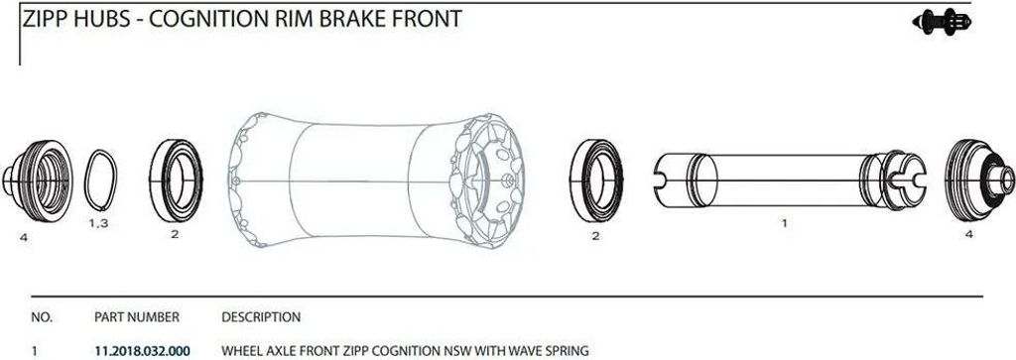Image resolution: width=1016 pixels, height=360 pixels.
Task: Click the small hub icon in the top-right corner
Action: tap(942, 22)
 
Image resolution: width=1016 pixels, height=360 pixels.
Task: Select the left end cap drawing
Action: tap(38, 180)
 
